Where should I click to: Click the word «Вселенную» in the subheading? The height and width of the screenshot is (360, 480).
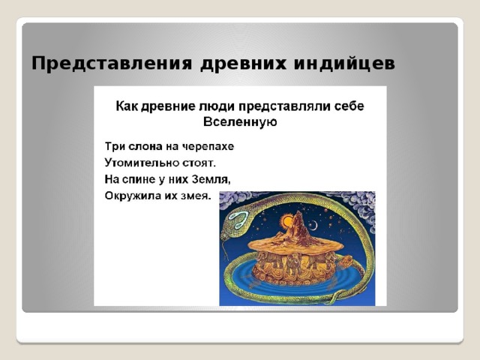coord(241,123)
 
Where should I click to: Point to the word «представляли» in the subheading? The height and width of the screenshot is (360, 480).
coord(277,106)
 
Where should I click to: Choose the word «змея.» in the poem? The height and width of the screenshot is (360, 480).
coord(193,196)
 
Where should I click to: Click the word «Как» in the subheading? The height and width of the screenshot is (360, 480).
coord(125,106)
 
